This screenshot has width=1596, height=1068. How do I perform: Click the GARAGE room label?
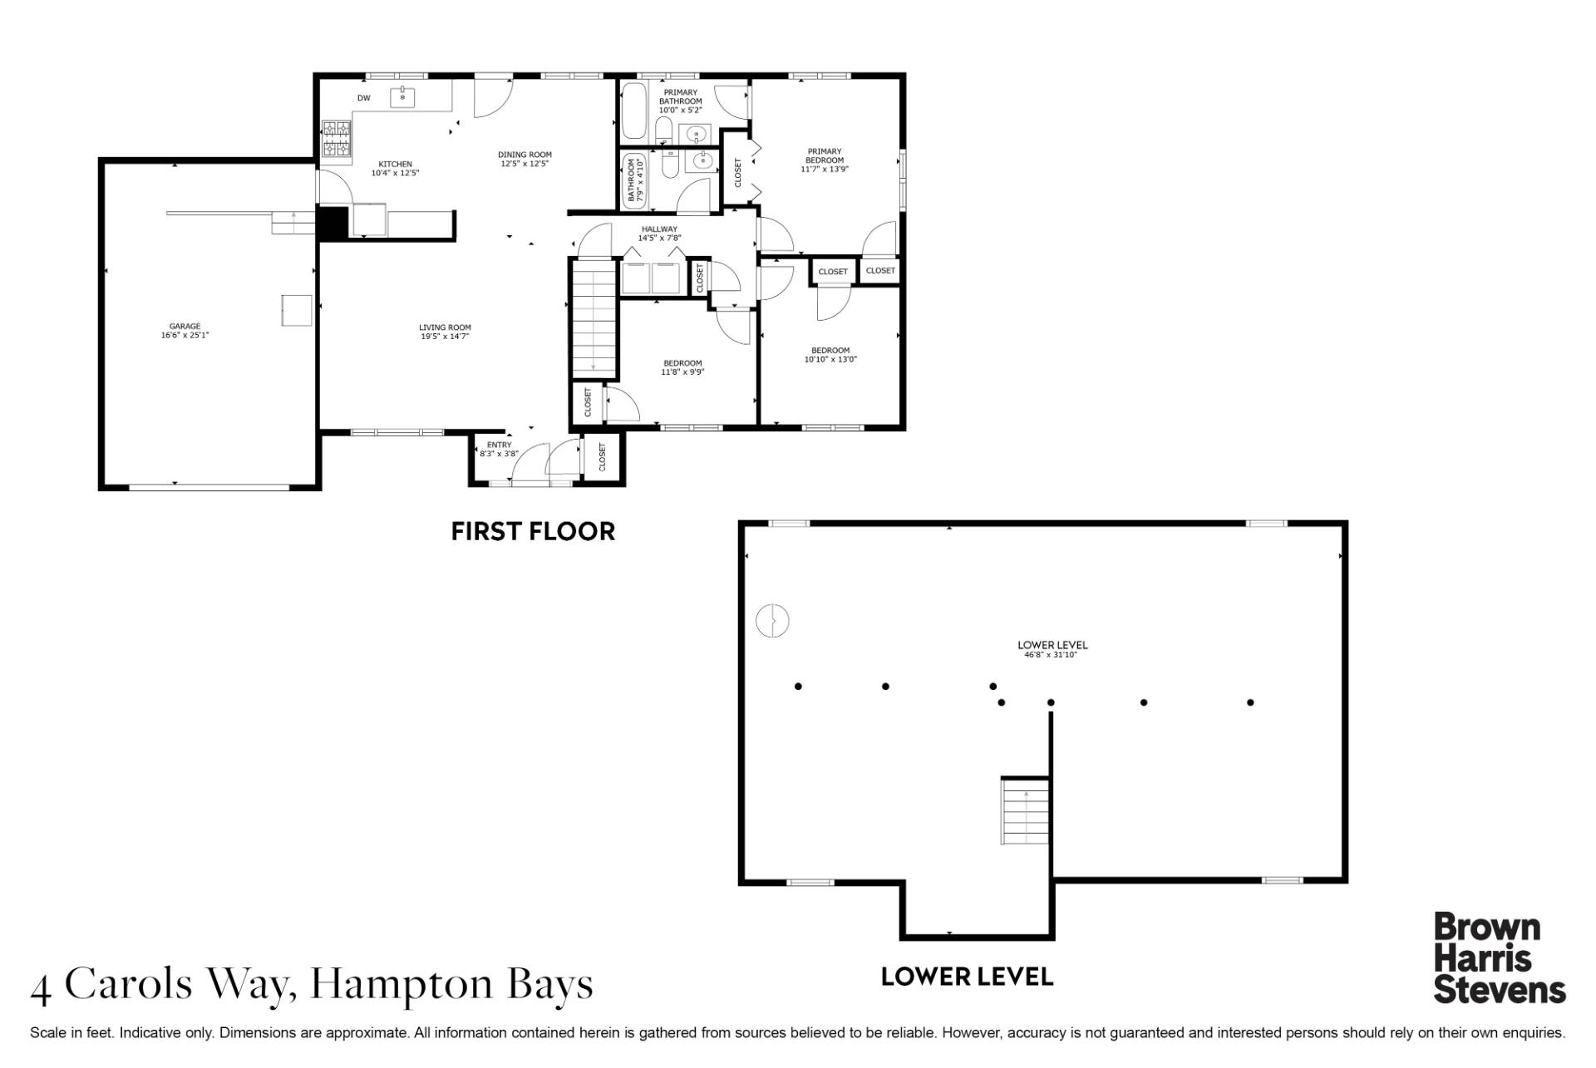pos(185,327)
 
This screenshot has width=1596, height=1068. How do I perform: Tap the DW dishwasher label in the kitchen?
pos(363,98)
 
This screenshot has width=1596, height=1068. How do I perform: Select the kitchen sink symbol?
pos(403,96)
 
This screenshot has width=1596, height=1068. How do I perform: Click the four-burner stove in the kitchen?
pos(336,139)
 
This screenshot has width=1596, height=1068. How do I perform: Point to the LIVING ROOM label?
pos(445,327)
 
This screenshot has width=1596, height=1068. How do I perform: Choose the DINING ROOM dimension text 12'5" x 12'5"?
pos(525,164)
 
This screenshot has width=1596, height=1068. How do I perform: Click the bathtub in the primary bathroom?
pos(634,111)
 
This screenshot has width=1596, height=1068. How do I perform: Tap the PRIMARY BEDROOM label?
pos(825,155)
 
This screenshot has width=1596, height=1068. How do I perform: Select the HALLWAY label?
pos(659,229)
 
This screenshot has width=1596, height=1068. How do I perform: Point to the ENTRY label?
pos(499,445)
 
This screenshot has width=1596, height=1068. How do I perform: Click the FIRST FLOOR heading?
pos(533,531)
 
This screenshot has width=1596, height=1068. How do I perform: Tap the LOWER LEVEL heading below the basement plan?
pos(967,977)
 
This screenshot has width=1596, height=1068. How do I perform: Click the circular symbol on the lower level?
pos(772,620)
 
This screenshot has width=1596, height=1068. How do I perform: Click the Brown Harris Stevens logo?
pos(1500,958)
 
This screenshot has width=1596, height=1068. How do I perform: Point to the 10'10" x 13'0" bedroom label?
pos(830,355)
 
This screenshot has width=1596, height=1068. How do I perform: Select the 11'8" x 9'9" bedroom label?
pos(682,367)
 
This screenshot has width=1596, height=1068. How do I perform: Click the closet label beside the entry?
pos(603,456)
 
